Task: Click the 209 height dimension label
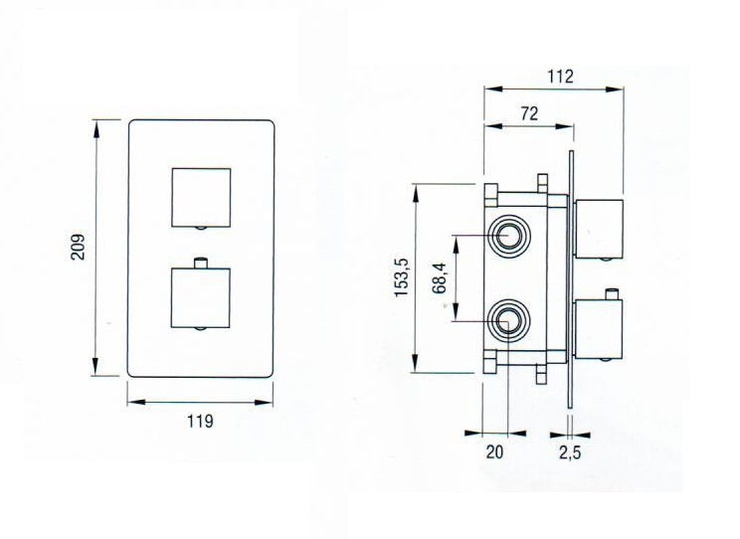(x=79, y=246)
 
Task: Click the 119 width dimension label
(x=200, y=422)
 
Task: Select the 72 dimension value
(x=529, y=113)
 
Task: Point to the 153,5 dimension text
(x=402, y=277)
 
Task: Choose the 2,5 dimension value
(x=571, y=453)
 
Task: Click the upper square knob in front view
(x=201, y=196)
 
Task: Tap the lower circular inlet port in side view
(x=510, y=321)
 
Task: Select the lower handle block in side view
(x=599, y=329)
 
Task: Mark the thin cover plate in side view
(x=571, y=278)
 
